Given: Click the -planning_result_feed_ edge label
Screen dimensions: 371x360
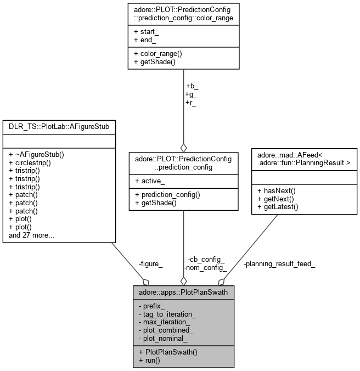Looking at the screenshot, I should click(279, 264).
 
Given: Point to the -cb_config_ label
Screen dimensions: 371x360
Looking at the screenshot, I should click(206, 260).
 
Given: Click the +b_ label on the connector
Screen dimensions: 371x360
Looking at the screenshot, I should click(192, 86).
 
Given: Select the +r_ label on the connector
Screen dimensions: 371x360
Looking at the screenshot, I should click(191, 103).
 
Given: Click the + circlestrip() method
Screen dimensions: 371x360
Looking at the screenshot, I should click(32, 163).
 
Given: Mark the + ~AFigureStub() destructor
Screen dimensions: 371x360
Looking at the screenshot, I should click(37, 155).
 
